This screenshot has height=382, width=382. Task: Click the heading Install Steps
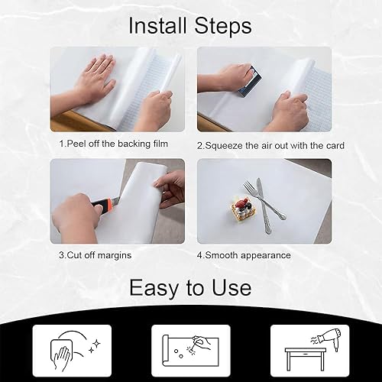(x=190, y=26)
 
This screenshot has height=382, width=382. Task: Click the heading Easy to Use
(x=190, y=287)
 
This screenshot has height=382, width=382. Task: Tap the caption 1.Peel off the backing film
(x=114, y=144)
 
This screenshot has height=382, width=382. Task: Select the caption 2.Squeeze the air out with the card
(x=270, y=145)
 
